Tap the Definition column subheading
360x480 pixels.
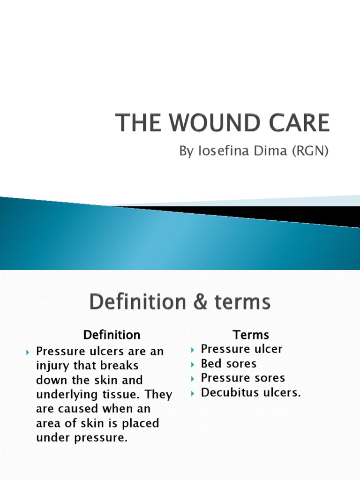click(x=112, y=335)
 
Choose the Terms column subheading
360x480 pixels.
click(x=251, y=335)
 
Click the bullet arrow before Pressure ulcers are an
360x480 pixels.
click(x=28, y=352)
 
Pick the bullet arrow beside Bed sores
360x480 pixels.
click(x=193, y=364)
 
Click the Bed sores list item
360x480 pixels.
click(x=229, y=364)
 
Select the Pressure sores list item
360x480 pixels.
click(x=243, y=378)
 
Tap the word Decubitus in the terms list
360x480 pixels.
click(x=228, y=392)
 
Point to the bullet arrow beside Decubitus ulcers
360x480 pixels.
click(x=193, y=393)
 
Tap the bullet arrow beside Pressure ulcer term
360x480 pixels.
click(x=193, y=350)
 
